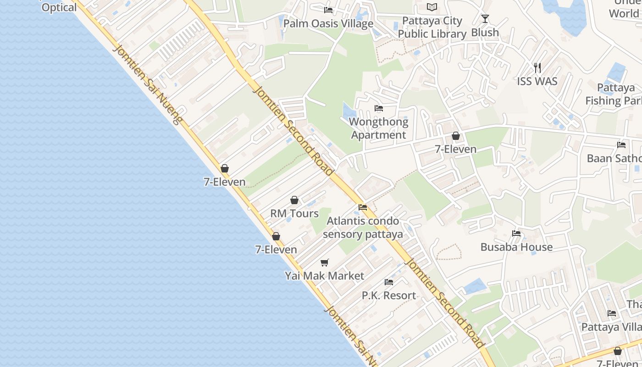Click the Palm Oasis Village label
pyautogui.click(x=328, y=23)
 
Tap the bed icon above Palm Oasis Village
pyautogui.click(x=328, y=10)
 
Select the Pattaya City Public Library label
pyautogui.click(x=432, y=27)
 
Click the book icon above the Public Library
pyautogui.click(x=432, y=7)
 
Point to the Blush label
pyautogui.click(x=485, y=33)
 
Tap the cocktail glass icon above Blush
pyautogui.click(x=485, y=19)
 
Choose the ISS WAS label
pyautogui.click(x=537, y=82)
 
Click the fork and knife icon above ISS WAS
pyautogui.click(x=537, y=68)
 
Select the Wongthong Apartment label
pyautogui.click(x=378, y=128)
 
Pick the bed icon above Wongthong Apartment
pyautogui.click(x=379, y=108)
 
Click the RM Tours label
pyautogui.click(x=294, y=214)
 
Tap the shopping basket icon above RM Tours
pyautogui.click(x=294, y=200)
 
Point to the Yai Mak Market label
pyautogui.click(x=325, y=276)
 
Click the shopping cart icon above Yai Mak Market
pyautogui.click(x=325, y=262)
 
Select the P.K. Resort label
pyautogui.click(x=389, y=296)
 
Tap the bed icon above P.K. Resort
pyautogui.click(x=389, y=282)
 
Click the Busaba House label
pyautogui.click(x=516, y=247)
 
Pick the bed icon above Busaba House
pyautogui.click(x=516, y=233)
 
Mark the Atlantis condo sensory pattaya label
pyautogui.click(x=363, y=228)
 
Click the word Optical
pyautogui.click(x=59, y=8)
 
